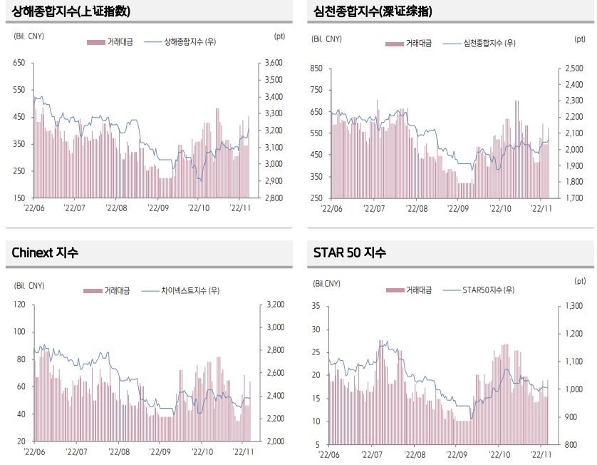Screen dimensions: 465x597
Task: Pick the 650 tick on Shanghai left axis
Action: click(x=19, y=63)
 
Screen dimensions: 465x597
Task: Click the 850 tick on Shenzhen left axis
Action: click(x=316, y=68)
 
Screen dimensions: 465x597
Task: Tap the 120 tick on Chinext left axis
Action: click(x=19, y=305)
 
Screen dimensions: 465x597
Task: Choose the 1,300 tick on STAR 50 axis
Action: click(x=574, y=306)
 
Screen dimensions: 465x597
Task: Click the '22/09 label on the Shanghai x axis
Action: click(x=158, y=208)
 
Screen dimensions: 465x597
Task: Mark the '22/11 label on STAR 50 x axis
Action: click(x=541, y=454)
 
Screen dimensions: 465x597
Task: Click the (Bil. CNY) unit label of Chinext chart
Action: click(x=28, y=285)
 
